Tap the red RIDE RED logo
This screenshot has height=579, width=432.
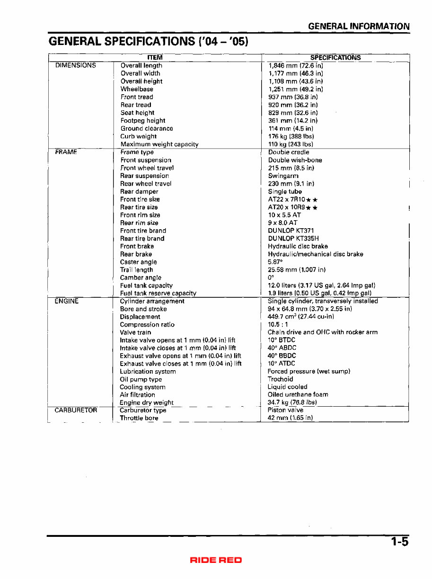click(x=216, y=560)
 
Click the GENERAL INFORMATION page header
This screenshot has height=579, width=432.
click(x=359, y=27)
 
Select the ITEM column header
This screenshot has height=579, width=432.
click(x=156, y=58)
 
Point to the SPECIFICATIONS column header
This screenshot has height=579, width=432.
click(x=335, y=58)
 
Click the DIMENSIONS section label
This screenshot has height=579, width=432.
click(x=76, y=65)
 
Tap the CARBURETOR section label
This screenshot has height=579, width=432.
click(x=76, y=410)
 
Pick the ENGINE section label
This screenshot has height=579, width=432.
click(x=67, y=301)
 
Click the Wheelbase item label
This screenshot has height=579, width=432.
click(x=137, y=89)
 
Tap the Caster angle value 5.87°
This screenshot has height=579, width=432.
click(x=276, y=262)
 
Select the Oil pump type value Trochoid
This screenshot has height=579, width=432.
click(x=281, y=379)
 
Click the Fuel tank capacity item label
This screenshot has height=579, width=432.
click(x=146, y=285)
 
